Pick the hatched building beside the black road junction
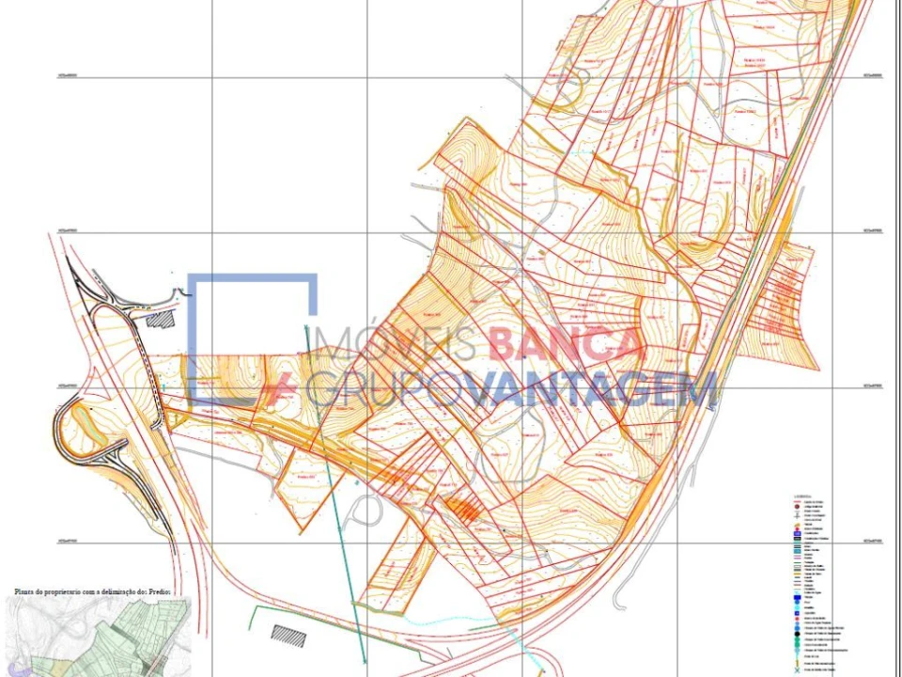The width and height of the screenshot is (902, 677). point(163,319)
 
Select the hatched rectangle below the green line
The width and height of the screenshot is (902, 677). point(288,635)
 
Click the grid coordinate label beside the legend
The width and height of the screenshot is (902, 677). point(873,542)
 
